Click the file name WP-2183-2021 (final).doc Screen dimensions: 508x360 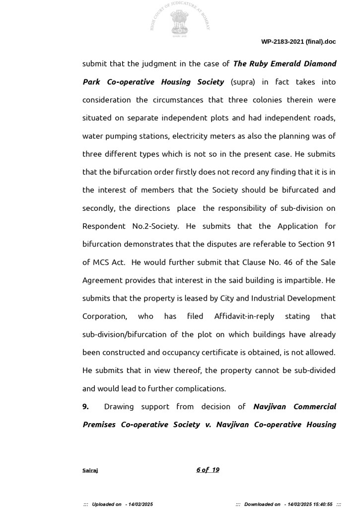(x=298, y=42)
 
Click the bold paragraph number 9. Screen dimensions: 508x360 (x=85, y=407)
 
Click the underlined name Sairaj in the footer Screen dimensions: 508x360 (x=90, y=470)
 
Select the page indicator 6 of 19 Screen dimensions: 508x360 (x=208, y=470)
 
